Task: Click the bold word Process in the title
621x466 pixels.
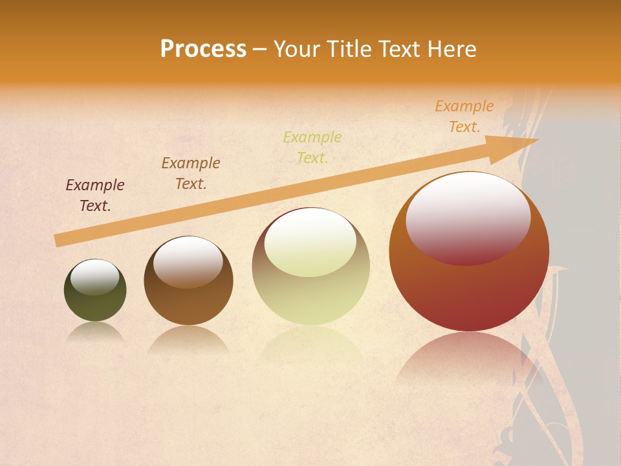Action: point(203,49)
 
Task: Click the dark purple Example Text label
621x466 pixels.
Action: point(95,195)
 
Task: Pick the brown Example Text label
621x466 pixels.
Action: point(191,173)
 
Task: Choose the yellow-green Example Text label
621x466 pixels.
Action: point(312,147)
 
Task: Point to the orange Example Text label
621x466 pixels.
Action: point(464,116)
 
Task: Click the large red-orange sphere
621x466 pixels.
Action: point(469,291)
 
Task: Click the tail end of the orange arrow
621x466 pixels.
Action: point(60,240)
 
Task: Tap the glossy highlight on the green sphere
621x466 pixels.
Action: point(95,277)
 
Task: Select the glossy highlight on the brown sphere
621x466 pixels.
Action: point(188,261)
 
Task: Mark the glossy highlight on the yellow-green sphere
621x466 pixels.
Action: point(310,242)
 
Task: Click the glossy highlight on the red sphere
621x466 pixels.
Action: point(468,217)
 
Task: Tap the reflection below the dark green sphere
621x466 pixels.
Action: point(95,331)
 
